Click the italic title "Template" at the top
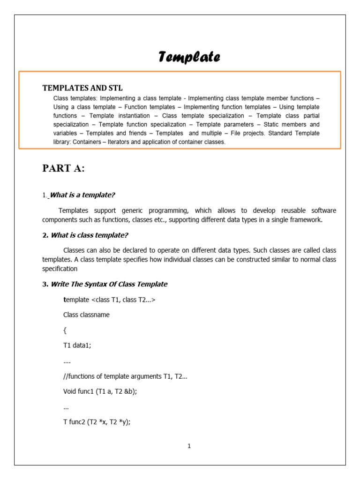click(x=189, y=57)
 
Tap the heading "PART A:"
click(x=63, y=169)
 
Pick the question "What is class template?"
click(x=89, y=235)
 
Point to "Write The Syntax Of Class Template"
click(x=108, y=284)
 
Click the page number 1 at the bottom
click(x=189, y=446)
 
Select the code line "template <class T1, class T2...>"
click(x=109, y=300)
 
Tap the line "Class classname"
click(x=86, y=315)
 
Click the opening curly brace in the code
click(x=65, y=330)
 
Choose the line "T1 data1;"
click(x=77, y=345)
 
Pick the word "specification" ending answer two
click(x=60, y=269)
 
